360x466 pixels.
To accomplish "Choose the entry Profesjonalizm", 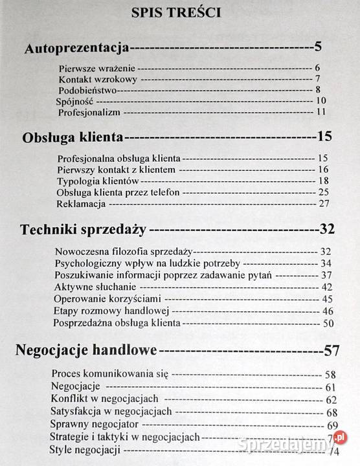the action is point(88,112).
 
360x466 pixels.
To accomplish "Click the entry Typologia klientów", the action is point(98,181).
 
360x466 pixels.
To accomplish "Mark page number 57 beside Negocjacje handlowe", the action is point(332,351).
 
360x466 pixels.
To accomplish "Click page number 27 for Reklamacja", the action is point(324,203).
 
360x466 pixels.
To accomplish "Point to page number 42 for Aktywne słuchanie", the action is point(326,287).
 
